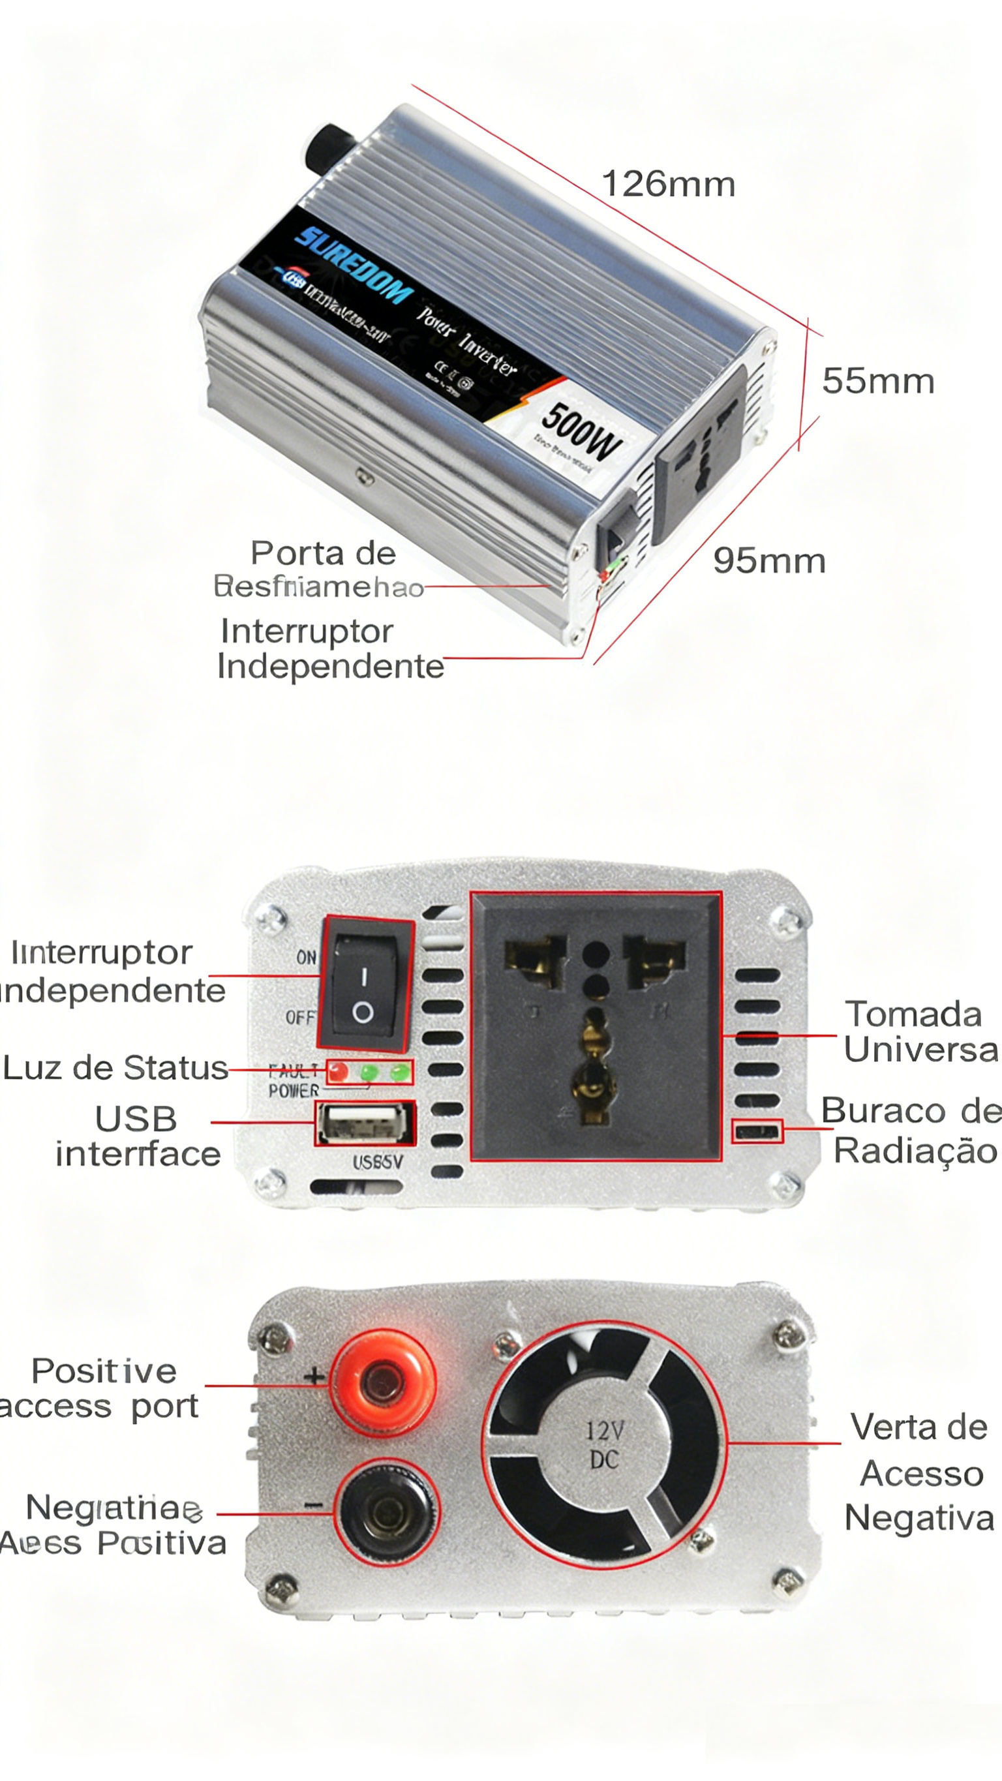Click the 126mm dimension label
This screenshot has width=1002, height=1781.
pyautogui.click(x=668, y=185)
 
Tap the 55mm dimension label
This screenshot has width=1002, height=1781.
pyautogui.click(x=877, y=381)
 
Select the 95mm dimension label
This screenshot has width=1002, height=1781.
pyautogui.click(x=769, y=560)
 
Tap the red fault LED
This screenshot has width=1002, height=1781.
pyautogui.click(x=338, y=1073)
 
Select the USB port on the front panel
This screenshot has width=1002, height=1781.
pyautogui.click(x=365, y=1123)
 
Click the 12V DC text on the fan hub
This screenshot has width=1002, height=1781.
pyautogui.click(x=604, y=1444)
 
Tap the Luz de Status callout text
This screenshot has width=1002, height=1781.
pyautogui.click(x=115, y=1068)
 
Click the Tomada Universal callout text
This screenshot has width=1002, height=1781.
pyautogui.click(x=920, y=1032)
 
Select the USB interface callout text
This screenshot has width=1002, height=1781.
pyautogui.click(x=138, y=1136)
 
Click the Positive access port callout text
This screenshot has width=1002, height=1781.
pyautogui.click(x=102, y=1388)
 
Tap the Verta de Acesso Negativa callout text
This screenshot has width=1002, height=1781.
pyautogui.click(x=919, y=1472)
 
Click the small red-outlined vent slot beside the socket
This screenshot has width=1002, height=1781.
pyautogui.click(x=757, y=1131)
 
